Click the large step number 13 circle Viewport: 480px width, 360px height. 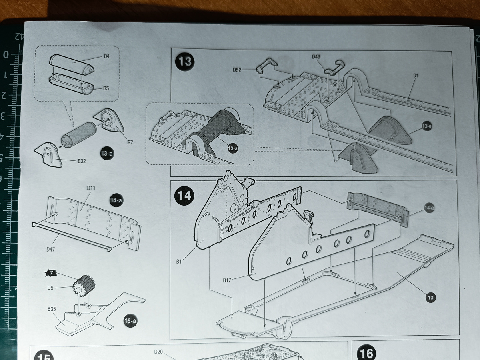tap(185, 61)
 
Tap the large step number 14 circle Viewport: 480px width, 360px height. tap(184, 196)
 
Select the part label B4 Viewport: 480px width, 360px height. tap(106, 56)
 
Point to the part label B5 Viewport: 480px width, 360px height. tap(106, 88)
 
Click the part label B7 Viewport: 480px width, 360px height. tap(130, 142)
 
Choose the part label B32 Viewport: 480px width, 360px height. tap(82, 161)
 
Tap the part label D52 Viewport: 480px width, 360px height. tap(237, 70)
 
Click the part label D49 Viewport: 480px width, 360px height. tap(316, 57)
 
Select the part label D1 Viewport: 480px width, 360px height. tap(416, 76)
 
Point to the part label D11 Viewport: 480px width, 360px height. tap(91, 188)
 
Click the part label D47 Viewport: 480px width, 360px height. tap(50, 249)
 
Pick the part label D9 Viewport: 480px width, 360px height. tap(50, 288)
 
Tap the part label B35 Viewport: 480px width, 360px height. tap(52, 309)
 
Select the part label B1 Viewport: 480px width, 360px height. tap(179, 262)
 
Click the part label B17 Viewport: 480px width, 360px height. tap(227, 280)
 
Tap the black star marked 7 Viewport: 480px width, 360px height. tap(50, 273)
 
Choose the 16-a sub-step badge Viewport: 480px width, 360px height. tap(130, 321)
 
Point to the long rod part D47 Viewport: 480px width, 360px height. tap(72, 237)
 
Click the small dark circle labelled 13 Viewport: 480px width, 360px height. tap(430, 298)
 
